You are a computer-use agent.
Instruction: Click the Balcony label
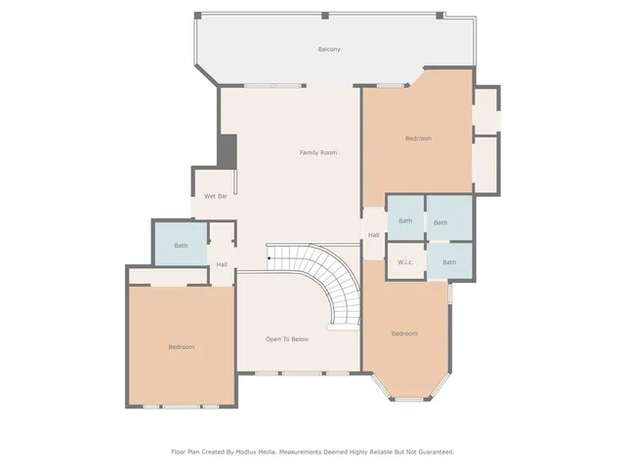pyautogui.click(x=328, y=50)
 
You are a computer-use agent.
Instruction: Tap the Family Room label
pyautogui.click(x=318, y=152)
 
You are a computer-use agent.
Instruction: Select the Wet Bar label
pyautogui.click(x=216, y=197)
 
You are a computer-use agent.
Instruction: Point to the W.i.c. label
pyautogui.click(x=404, y=262)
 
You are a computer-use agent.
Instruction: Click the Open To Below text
pyautogui.click(x=287, y=339)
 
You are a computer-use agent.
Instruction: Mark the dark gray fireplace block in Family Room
pyautogui.click(x=227, y=150)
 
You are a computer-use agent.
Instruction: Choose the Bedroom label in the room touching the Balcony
pyautogui.click(x=418, y=138)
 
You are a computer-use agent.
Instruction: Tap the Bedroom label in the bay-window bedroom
pyautogui.click(x=404, y=333)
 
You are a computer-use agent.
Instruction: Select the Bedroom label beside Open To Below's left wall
pyautogui.click(x=181, y=347)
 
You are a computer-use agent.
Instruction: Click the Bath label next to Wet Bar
pyautogui.click(x=181, y=246)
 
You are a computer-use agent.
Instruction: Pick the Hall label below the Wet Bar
pyautogui.click(x=222, y=264)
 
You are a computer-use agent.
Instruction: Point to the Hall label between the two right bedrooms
pyautogui.click(x=373, y=235)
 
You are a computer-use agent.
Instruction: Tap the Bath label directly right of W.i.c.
pyautogui.click(x=448, y=262)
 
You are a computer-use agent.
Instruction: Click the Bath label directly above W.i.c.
pyautogui.click(x=405, y=221)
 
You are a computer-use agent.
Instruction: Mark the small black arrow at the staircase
pyautogui.click(x=270, y=258)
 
